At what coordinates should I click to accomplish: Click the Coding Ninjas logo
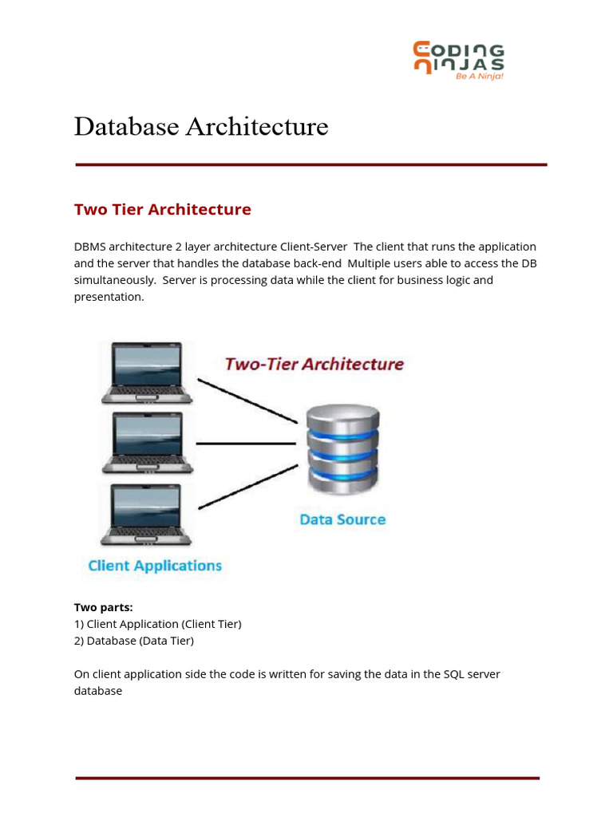click(x=459, y=61)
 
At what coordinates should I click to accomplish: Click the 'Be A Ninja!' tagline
click(x=480, y=76)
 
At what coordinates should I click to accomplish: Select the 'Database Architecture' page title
click(x=201, y=127)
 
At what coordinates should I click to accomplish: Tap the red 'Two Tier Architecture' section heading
click(x=163, y=210)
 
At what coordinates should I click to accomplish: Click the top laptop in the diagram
click(x=147, y=373)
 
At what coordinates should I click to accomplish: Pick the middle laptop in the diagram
click(x=148, y=443)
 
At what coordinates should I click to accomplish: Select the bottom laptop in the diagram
click(x=147, y=515)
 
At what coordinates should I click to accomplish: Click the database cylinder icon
click(x=342, y=449)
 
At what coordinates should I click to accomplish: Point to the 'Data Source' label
click(x=342, y=519)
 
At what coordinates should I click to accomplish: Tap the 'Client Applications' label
click(x=155, y=566)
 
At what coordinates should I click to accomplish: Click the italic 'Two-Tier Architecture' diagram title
click(x=314, y=364)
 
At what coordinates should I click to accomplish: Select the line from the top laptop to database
click(x=247, y=401)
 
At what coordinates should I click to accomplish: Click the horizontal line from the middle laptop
click(x=246, y=444)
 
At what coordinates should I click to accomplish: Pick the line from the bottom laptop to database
click(x=248, y=487)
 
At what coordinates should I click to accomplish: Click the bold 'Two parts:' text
click(x=103, y=607)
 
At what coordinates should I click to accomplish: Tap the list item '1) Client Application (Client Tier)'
click(x=158, y=624)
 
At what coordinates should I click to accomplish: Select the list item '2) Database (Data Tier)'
click(x=134, y=641)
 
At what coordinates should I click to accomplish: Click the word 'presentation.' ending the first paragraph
click(x=109, y=297)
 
